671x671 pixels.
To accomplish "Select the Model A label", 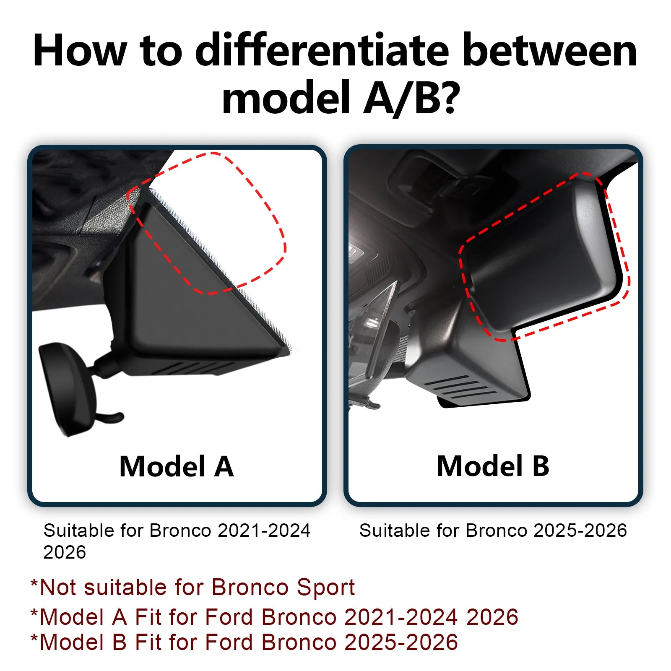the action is pyautogui.click(x=177, y=466).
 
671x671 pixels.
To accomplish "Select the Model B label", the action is pyautogui.click(x=493, y=466).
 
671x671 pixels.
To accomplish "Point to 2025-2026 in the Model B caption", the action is pyautogui.click(x=580, y=531).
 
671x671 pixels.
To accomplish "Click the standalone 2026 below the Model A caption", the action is pyautogui.click(x=65, y=552).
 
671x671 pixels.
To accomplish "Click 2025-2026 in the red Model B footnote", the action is pyautogui.click(x=401, y=642).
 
